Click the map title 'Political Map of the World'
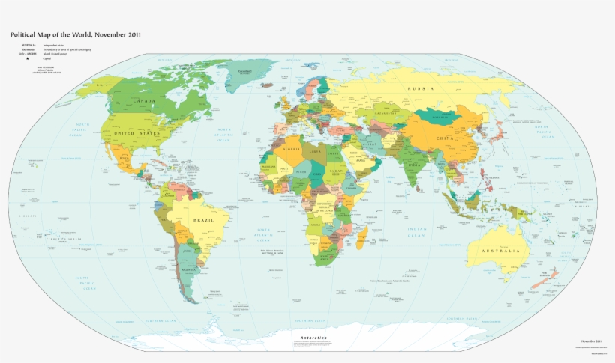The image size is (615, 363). pos(75,34)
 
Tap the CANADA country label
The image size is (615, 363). pos(144,100)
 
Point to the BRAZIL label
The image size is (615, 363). pos(203,221)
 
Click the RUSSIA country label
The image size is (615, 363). pos(421,89)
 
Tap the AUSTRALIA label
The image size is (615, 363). pos(500,250)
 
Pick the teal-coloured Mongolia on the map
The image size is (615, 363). pos(439,116)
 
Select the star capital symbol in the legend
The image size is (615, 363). pos(28,58)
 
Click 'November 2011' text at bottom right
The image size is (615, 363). pos(592,341)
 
